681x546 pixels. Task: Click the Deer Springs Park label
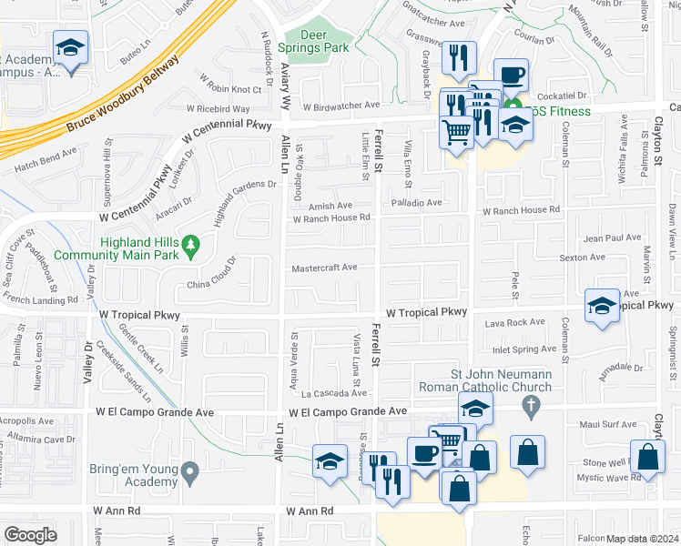point(325,40)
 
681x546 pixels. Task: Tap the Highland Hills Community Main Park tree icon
point(190,243)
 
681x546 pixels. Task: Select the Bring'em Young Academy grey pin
point(189,471)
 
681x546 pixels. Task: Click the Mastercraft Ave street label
point(324,268)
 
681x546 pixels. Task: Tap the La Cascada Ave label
point(333,393)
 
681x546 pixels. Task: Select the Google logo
point(30,535)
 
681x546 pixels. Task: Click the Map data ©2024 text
point(643,539)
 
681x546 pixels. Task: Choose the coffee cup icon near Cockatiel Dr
point(511,75)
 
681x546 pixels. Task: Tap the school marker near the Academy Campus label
point(70,48)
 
